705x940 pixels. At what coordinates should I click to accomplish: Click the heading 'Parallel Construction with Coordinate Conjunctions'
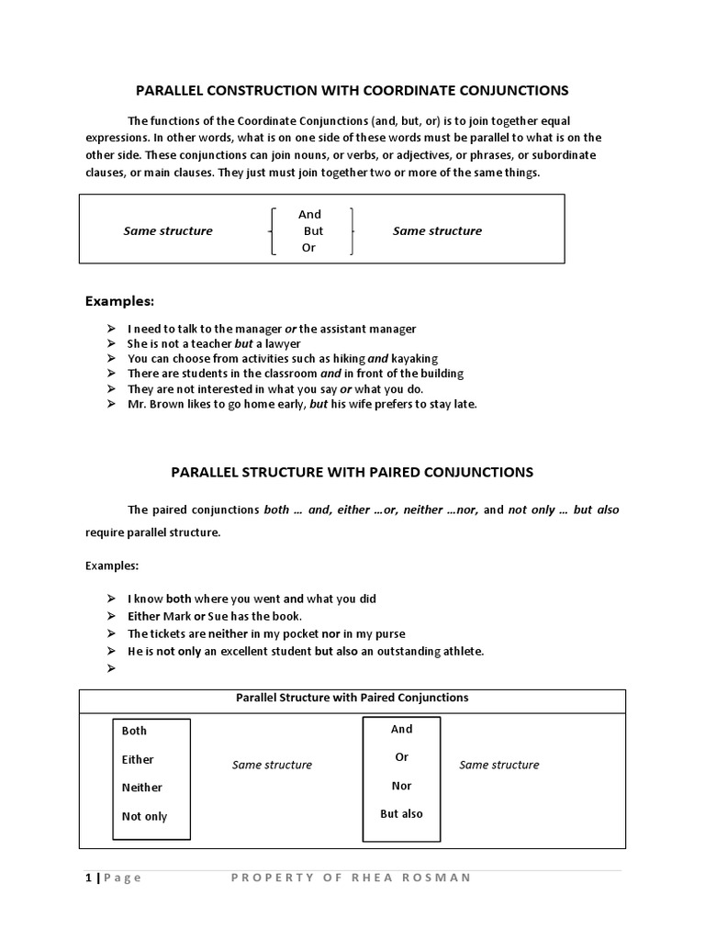352,90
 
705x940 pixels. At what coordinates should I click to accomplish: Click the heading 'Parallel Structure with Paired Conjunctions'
352,472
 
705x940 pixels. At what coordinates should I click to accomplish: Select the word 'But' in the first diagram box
313,231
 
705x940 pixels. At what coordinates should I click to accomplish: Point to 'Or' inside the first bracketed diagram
308,248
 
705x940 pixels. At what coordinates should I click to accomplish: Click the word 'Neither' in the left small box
142,788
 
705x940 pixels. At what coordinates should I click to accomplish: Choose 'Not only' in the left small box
145,816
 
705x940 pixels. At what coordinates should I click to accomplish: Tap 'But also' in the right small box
402,813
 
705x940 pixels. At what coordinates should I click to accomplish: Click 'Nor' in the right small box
402,786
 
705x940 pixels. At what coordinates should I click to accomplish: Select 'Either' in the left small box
138,759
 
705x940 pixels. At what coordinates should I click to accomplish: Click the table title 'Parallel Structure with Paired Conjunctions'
352,698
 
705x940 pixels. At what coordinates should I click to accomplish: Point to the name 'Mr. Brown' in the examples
153,404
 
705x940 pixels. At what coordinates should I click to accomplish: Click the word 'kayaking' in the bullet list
415,358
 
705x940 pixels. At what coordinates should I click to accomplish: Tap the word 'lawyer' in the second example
285,343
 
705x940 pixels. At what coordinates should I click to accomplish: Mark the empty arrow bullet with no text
110,668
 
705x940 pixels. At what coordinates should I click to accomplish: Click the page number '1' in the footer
88,878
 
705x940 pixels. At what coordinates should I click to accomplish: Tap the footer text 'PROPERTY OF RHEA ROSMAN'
351,878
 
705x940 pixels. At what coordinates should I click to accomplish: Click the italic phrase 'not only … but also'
564,509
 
